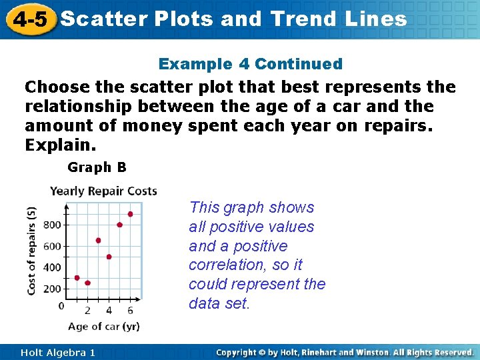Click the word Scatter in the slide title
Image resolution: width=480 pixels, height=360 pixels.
pyautogui.click(x=103, y=19)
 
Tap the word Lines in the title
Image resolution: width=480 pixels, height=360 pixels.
pyautogui.click(x=376, y=19)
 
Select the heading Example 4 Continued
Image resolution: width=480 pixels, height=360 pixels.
pyautogui.click(x=250, y=64)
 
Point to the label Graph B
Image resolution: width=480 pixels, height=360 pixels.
pyautogui.click(x=97, y=167)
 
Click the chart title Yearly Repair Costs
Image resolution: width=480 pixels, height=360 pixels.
pyautogui.click(x=103, y=191)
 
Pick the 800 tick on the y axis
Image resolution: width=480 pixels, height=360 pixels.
pyautogui.click(x=53, y=225)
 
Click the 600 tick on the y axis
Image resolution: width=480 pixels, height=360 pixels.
pyautogui.click(x=53, y=246)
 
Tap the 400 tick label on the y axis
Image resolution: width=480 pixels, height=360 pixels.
pyautogui.click(x=53, y=267)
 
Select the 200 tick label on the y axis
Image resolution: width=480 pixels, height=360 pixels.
pyautogui.click(x=53, y=289)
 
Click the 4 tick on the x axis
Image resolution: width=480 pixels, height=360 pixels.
pyautogui.click(x=109, y=310)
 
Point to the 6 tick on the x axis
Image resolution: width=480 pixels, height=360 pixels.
pyautogui.click(x=130, y=310)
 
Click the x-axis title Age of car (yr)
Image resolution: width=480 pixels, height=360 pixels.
pyautogui.click(x=103, y=327)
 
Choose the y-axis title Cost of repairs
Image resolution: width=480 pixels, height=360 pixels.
pyautogui.click(x=32, y=250)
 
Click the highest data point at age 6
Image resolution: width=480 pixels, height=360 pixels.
pyautogui.click(x=130, y=214)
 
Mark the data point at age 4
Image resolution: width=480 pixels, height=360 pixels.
pyautogui.click(x=109, y=257)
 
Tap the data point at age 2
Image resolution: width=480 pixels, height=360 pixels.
pyautogui.click(x=87, y=283)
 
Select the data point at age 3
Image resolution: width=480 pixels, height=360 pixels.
pyautogui.click(x=98, y=240)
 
